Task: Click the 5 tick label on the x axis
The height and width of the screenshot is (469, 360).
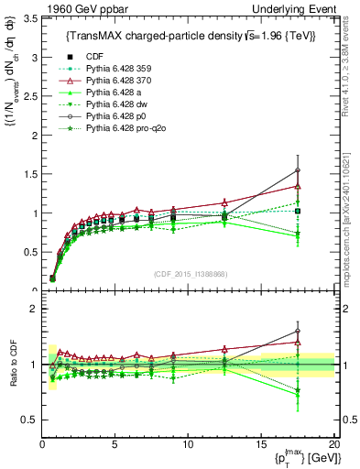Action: [x=115, y=444]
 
